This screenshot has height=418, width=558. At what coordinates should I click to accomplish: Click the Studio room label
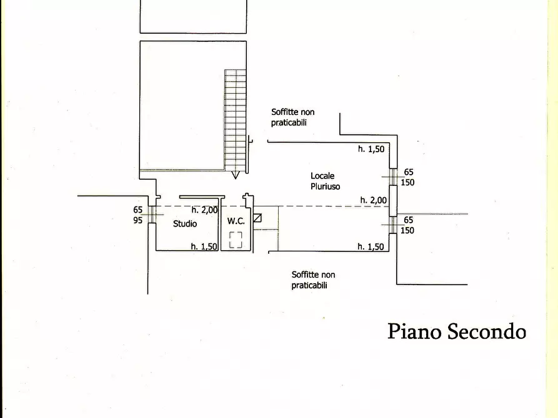point(185,223)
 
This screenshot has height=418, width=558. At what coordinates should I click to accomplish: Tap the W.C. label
point(236,221)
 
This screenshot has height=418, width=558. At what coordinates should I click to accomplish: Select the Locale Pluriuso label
point(326,181)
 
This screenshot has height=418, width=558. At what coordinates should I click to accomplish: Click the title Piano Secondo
point(457,331)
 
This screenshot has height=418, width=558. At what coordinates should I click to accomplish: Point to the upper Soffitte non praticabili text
point(293,117)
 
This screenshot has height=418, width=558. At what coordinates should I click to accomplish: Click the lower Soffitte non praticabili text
point(313,279)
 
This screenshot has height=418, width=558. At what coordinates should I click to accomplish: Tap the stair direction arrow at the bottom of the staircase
point(235,175)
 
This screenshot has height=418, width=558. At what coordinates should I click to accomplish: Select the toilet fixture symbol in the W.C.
point(236,240)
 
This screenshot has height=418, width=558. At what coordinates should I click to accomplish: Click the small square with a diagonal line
point(257,218)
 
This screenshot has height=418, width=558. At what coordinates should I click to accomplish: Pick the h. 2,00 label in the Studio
point(204,210)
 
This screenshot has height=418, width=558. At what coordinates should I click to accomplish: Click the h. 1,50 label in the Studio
point(204,246)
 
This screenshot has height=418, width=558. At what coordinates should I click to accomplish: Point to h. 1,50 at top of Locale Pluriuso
point(371,149)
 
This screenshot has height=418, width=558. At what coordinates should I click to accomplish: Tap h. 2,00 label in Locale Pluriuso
point(373,200)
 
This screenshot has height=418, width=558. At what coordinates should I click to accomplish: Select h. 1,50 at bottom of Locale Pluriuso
point(371,246)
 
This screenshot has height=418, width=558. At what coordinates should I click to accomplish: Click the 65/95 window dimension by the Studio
point(137,215)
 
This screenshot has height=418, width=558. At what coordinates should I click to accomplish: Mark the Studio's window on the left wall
point(152,215)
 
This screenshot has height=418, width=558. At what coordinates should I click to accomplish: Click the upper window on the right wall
point(393,177)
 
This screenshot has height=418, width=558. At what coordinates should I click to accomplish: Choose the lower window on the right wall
point(393,225)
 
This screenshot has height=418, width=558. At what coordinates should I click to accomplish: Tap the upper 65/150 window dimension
point(408,177)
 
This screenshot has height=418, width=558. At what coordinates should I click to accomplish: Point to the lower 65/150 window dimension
point(408,225)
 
